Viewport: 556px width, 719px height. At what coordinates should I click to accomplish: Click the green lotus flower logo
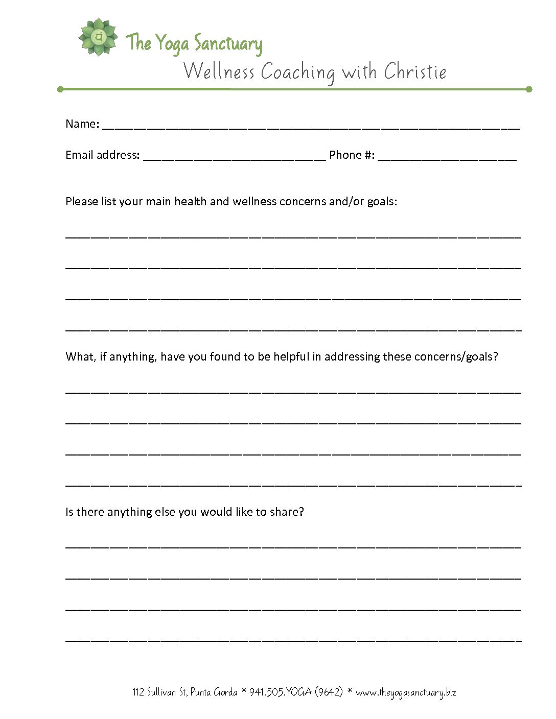click(x=98, y=37)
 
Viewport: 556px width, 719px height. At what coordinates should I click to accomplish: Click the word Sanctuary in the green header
click(x=228, y=44)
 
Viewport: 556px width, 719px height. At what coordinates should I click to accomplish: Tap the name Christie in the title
click(x=415, y=71)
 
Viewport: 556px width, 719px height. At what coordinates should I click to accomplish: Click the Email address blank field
click(x=234, y=156)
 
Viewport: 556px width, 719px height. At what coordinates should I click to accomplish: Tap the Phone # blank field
click(x=447, y=156)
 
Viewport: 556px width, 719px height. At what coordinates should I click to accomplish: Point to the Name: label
click(x=82, y=124)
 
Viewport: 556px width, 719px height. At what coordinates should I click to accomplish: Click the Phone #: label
click(x=352, y=155)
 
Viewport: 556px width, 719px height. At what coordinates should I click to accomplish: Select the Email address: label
click(x=102, y=155)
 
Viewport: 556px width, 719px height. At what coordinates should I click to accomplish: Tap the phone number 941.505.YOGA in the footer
click(x=280, y=692)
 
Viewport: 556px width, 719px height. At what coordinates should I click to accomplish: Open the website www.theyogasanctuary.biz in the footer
click(x=406, y=693)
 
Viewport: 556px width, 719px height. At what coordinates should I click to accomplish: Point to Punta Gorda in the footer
click(x=214, y=692)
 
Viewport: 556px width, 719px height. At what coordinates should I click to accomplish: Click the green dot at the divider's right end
click(x=529, y=89)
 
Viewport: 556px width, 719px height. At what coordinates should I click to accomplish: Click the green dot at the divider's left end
click(x=60, y=89)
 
